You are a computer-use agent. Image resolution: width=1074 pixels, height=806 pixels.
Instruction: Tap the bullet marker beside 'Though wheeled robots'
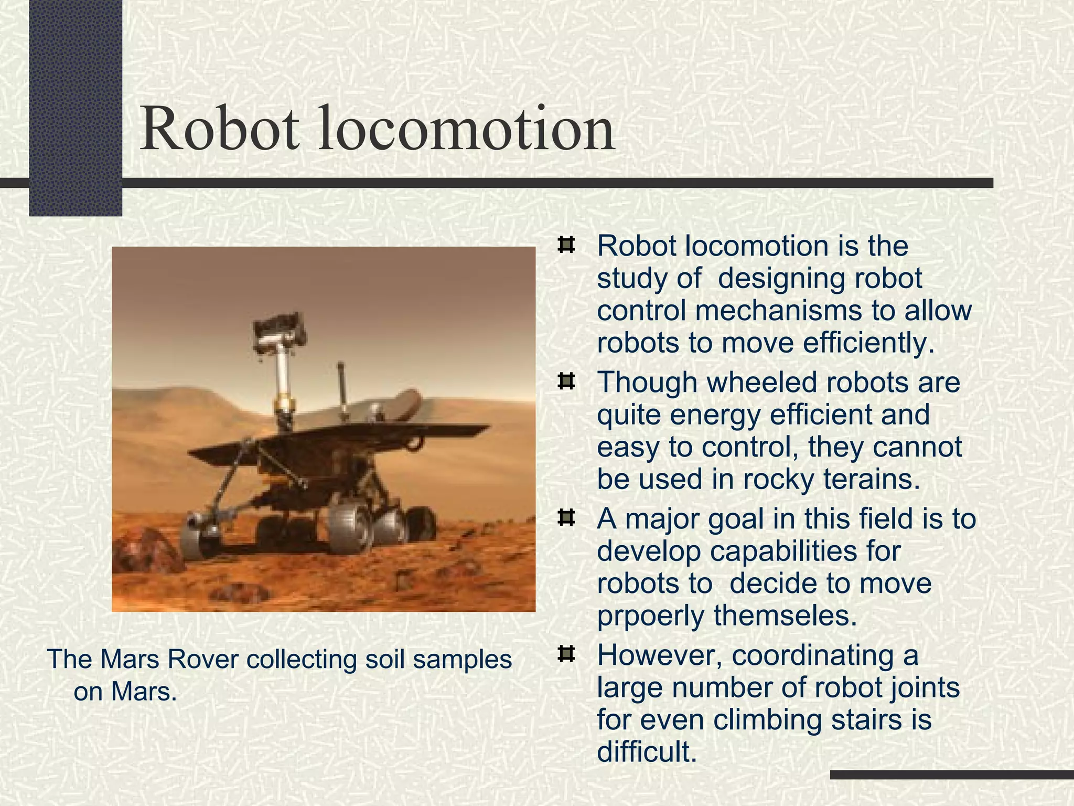565,381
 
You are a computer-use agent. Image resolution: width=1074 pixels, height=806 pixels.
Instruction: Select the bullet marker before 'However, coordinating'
565,654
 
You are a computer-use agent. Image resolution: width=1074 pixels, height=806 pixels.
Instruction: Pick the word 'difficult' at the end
647,751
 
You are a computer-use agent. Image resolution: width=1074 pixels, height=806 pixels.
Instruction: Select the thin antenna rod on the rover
342,388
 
